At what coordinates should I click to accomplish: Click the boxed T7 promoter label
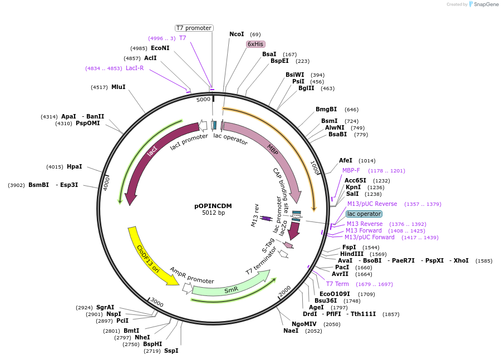(x=194, y=28)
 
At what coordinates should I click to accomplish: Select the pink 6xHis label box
(x=256, y=44)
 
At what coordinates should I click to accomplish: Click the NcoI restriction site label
(x=237, y=34)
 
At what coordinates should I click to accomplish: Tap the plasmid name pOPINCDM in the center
(x=213, y=206)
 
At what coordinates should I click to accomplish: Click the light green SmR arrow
(x=230, y=288)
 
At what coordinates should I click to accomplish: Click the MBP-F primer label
(x=351, y=171)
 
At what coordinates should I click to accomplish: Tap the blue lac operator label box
(x=364, y=214)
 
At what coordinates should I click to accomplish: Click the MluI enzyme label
(x=118, y=87)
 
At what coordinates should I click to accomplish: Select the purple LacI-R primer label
(x=135, y=68)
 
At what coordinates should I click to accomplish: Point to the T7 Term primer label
(x=337, y=284)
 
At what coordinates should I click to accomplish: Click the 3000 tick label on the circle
(x=156, y=303)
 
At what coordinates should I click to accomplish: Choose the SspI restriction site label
(x=171, y=351)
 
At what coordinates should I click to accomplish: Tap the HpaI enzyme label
(x=74, y=166)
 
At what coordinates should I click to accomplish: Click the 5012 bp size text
(x=213, y=213)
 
